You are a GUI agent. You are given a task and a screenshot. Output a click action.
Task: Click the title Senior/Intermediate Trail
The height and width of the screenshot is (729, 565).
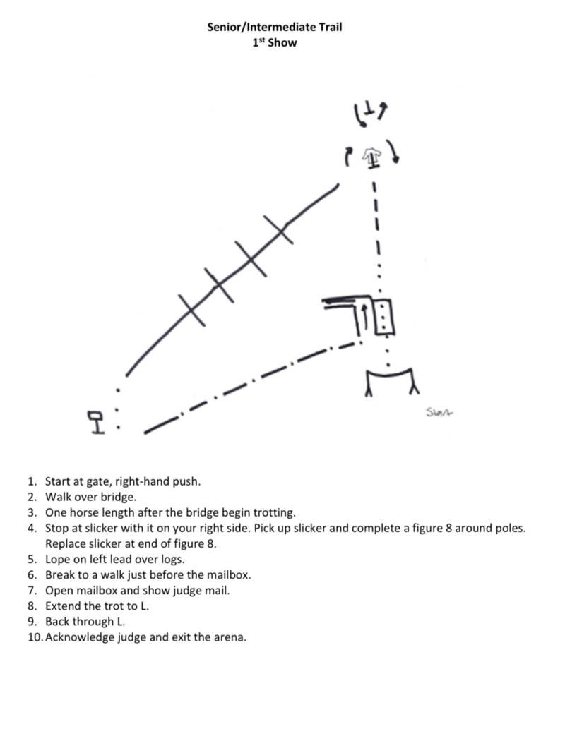[x=275, y=28]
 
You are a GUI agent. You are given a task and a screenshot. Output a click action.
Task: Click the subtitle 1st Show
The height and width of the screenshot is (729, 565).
[x=275, y=42]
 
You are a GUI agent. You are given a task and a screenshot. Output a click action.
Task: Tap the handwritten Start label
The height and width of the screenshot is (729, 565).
[x=439, y=412]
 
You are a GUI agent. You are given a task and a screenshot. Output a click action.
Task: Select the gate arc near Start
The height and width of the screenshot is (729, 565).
[x=390, y=374]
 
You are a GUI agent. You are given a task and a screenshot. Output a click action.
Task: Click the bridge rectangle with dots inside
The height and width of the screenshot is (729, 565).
[x=383, y=316]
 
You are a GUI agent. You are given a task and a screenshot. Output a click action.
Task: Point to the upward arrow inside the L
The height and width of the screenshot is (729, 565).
[x=364, y=318]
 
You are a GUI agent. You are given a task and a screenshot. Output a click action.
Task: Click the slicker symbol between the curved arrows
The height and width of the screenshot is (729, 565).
[x=372, y=157]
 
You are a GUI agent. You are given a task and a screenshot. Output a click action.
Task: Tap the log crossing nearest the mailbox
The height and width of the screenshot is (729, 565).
[x=191, y=310]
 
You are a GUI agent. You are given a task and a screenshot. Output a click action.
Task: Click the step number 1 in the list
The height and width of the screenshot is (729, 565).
[x=31, y=482]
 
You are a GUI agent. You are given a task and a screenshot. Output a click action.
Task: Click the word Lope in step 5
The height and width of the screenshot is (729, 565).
[x=58, y=560]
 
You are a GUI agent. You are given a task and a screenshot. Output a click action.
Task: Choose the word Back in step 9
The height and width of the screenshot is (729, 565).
[x=58, y=622]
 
